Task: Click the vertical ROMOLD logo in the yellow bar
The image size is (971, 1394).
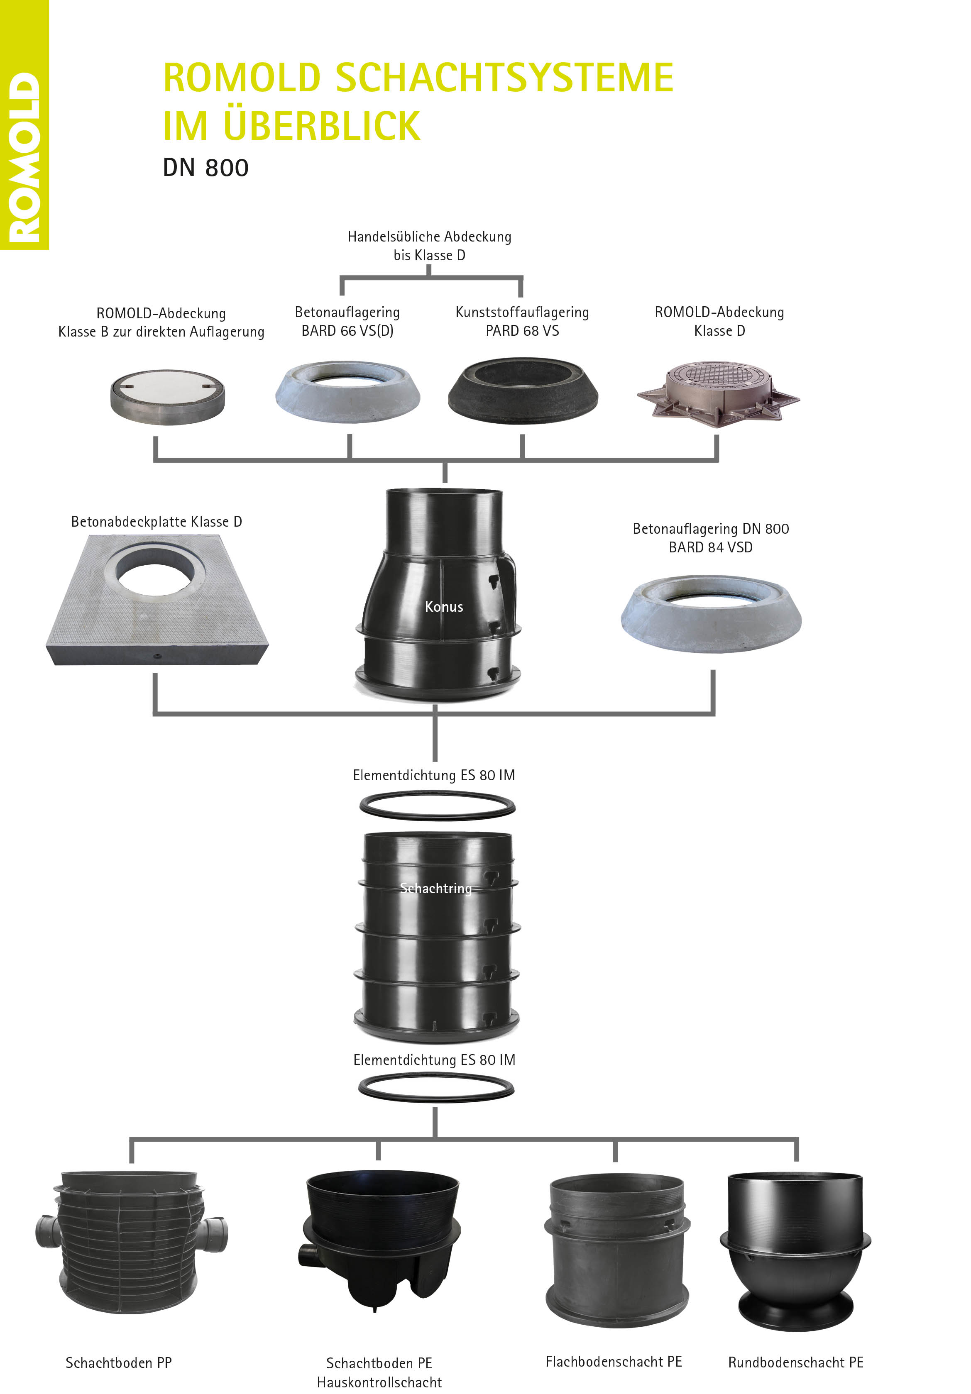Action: point(24,158)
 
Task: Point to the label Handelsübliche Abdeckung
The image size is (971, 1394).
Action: point(429,237)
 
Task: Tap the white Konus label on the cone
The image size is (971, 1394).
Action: point(444,607)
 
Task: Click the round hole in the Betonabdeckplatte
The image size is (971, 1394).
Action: point(156,570)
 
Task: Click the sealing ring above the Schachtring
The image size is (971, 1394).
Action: point(437,805)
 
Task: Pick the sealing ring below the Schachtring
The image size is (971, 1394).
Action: point(436,1088)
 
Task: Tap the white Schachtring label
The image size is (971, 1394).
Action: point(435,888)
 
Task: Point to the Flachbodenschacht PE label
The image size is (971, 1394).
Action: point(613,1362)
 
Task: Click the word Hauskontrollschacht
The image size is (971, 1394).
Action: point(379,1382)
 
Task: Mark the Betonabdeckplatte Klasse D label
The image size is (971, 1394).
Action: point(156,522)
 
